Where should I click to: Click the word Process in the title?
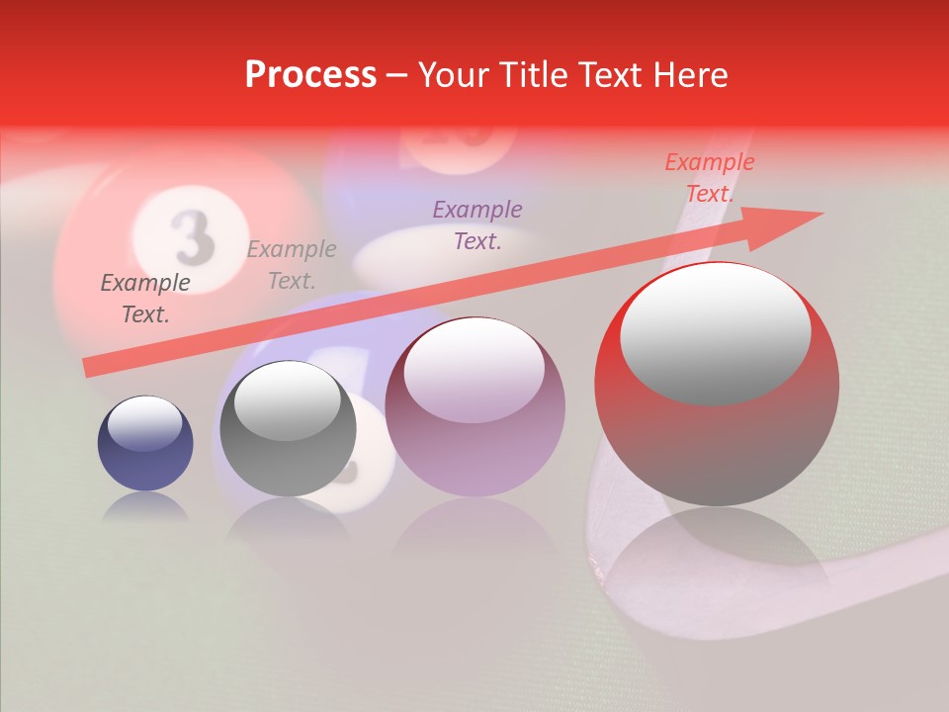pyautogui.click(x=310, y=75)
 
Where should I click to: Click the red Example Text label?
pyautogui.click(x=709, y=178)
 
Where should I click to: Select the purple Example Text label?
pyautogui.click(x=477, y=224)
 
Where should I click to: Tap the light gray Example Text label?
pyautogui.click(x=292, y=265)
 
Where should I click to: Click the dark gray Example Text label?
pyautogui.click(x=145, y=299)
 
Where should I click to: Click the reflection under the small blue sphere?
pyautogui.click(x=145, y=507)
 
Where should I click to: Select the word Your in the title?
pyautogui.click(x=456, y=75)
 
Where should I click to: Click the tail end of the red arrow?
pyautogui.click(x=90, y=368)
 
